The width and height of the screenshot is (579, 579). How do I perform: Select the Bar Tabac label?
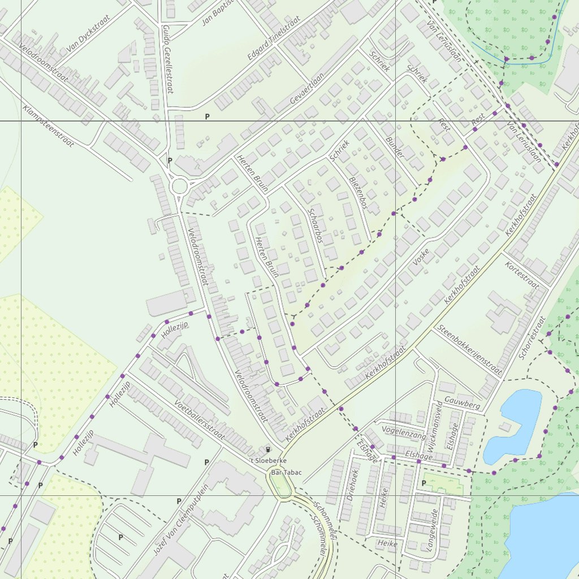click(x=286, y=472)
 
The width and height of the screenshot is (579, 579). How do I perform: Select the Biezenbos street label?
click(x=358, y=192)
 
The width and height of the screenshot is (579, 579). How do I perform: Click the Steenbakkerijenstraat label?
click(x=469, y=351)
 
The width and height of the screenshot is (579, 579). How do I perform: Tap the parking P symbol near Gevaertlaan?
click(x=207, y=116)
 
